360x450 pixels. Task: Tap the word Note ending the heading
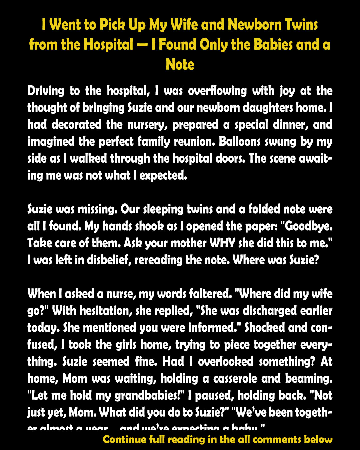click(x=180, y=64)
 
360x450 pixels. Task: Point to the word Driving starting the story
click(x=46, y=91)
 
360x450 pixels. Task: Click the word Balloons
click(x=240, y=142)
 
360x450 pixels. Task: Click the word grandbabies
click(x=150, y=396)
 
